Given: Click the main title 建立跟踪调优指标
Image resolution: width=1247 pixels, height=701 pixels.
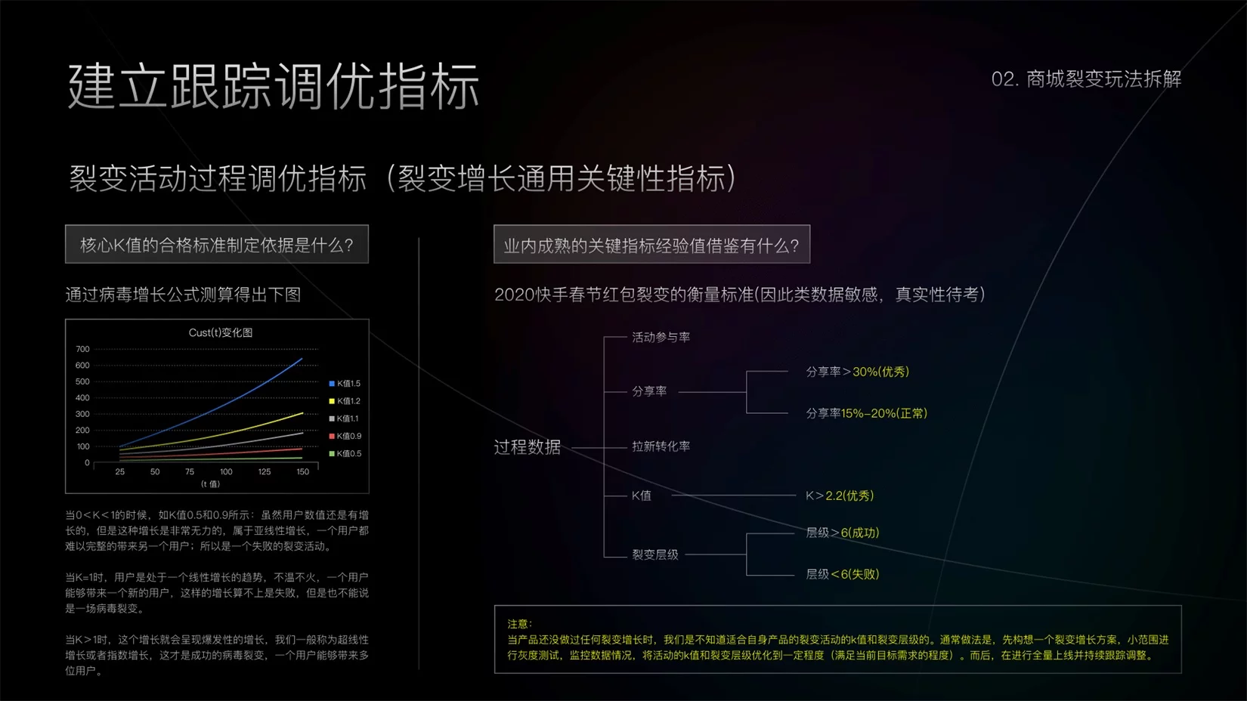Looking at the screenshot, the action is (274, 85).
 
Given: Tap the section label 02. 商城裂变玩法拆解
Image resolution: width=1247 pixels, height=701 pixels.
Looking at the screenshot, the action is (1086, 79).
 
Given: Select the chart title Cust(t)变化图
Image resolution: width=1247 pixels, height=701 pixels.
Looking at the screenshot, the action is (221, 332).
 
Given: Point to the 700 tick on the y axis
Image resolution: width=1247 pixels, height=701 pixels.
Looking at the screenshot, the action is (82, 349).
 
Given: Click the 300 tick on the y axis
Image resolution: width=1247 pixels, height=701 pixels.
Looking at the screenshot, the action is (82, 414).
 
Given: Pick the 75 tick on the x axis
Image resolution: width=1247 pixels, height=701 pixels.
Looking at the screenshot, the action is (190, 471).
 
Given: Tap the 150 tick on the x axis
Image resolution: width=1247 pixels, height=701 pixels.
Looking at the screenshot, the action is (302, 471).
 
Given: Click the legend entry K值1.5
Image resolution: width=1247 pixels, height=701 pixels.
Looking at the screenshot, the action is (345, 383).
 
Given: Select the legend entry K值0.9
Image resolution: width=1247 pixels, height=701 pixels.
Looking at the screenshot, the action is (345, 436).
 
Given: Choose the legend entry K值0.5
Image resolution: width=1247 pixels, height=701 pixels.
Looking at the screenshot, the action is (345, 453).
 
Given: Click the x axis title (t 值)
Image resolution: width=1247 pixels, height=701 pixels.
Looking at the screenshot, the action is (210, 484).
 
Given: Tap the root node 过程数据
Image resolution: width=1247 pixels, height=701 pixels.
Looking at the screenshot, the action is (528, 446).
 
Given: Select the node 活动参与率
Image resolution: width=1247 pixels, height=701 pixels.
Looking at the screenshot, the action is (661, 337).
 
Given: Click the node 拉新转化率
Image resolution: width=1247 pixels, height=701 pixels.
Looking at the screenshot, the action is (661, 446).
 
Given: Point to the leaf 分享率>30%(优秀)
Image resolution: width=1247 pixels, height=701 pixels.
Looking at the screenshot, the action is (857, 372).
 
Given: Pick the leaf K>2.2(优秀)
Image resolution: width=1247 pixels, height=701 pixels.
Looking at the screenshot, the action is (840, 496).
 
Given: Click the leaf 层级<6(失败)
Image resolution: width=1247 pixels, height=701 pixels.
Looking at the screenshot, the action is (842, 574).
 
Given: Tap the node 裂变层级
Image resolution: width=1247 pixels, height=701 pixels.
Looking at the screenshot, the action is (654, 554).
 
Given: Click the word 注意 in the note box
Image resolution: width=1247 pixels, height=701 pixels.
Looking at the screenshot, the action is (517, 624).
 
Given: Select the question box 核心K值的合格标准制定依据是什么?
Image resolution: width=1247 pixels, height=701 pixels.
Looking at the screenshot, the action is (217, 244).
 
